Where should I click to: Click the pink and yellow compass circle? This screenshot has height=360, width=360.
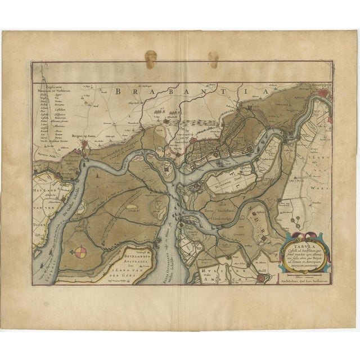click(x=82, y=254)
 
